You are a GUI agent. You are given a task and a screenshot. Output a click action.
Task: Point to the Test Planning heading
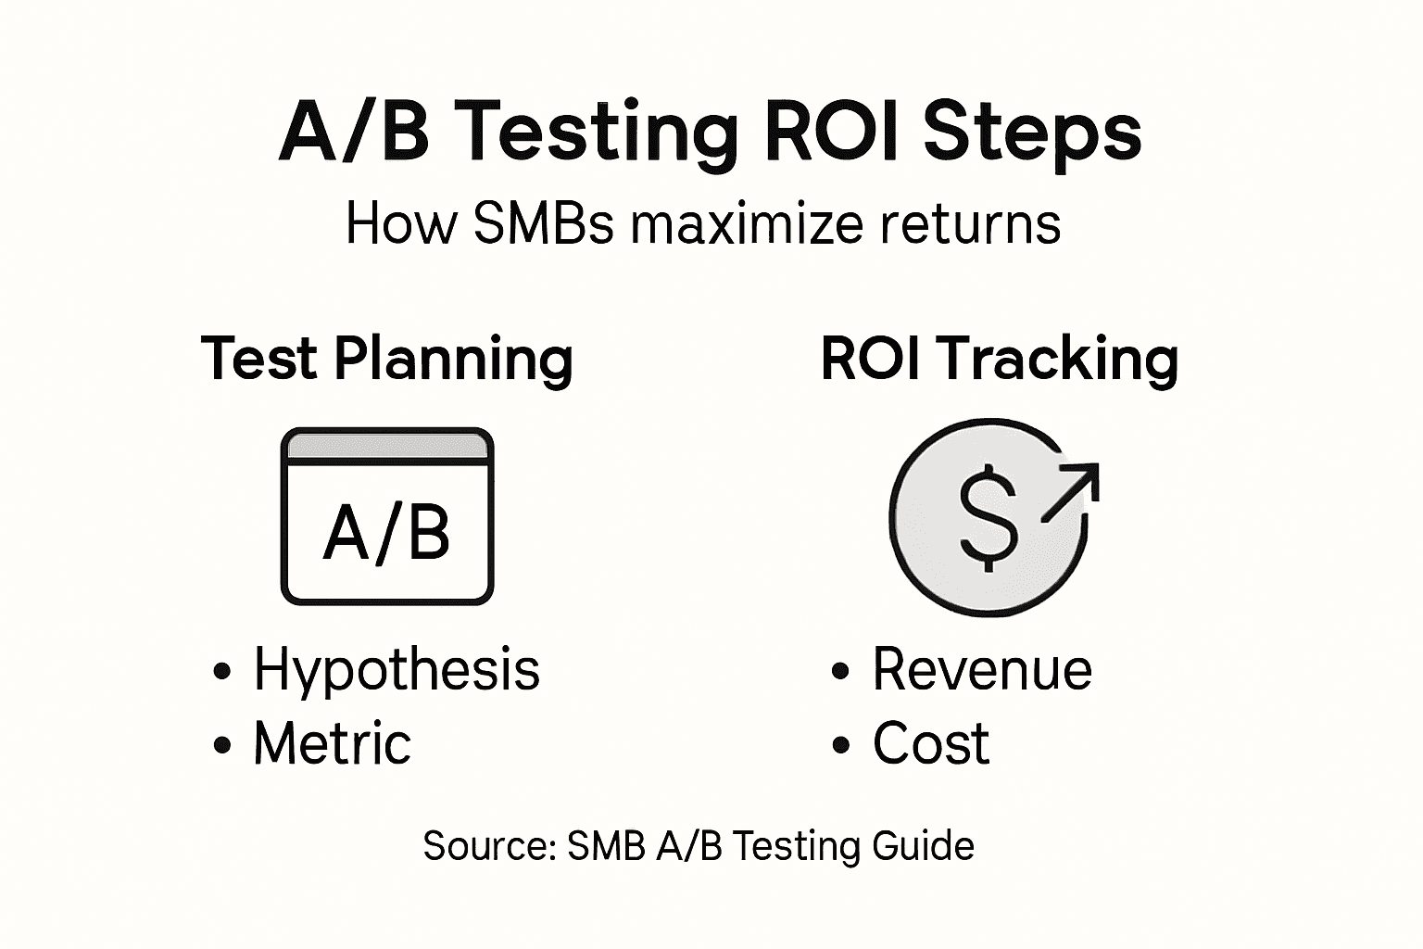(x=387, y=360)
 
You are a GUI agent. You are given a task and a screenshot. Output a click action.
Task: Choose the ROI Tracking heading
(x=1000, y=360)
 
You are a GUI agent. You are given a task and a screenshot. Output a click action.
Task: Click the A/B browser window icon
(x=387, y=516)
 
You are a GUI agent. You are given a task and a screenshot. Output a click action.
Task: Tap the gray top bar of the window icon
(x=387, y=447)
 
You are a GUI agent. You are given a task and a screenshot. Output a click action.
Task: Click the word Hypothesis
(x=397, y=670)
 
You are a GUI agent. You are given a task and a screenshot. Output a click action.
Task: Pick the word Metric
(x=333, y=743)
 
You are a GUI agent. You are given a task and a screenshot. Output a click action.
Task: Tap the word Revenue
(x=982, y=669)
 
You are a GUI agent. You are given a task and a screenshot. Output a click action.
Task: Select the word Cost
(x=931, y=743)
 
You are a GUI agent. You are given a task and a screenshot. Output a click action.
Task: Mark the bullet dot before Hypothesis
(x=222, y=671)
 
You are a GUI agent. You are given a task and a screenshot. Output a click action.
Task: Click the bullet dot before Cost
(x=841, y=745)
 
